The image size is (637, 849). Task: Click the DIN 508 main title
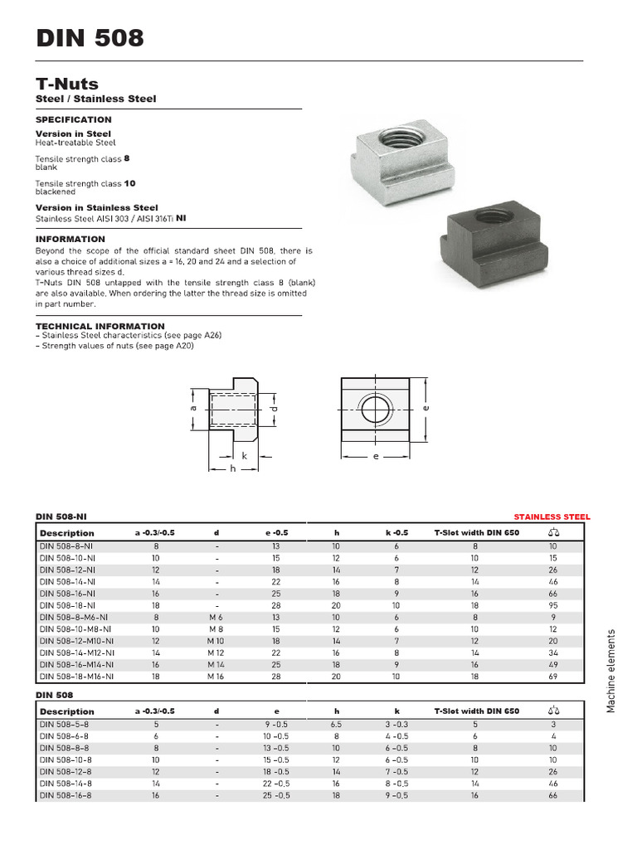point(90,38)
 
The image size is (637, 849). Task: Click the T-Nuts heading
point(66,84)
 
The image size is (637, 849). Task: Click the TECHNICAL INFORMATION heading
point(100,326)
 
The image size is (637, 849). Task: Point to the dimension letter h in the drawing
point(234,468)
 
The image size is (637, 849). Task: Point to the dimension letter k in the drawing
point(245,456)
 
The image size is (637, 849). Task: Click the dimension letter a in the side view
point(192,409)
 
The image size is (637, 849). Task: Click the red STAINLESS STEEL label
point(552,517)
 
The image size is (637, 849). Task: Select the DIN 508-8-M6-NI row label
point(74,618)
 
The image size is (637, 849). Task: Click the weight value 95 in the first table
point(552,605)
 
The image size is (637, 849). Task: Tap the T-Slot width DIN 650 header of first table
point(476,532)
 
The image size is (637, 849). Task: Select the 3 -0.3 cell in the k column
point(397,724)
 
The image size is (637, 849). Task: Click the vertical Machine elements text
point(611,670)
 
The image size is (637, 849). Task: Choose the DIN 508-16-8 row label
point(66,795)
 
